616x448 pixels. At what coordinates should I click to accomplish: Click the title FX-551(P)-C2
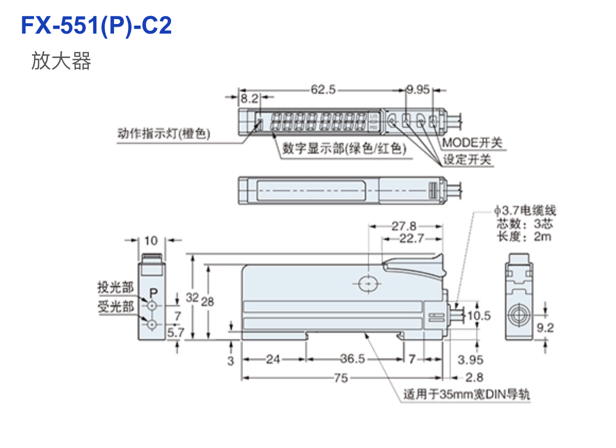[x=96, y=26]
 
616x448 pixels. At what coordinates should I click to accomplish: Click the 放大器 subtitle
[x=61, y=61]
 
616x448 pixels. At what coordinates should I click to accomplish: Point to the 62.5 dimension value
[x=323, y=90]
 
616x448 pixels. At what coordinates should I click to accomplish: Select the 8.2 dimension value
[x=249, y=99]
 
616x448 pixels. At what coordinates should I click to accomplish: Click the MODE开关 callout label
[x=472, y=143]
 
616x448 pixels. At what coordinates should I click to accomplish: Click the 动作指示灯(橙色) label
[x=164, y=133]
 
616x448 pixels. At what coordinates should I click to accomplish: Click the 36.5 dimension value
[x=352, y=359]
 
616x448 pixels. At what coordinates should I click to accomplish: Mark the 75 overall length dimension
[x=341, y=378]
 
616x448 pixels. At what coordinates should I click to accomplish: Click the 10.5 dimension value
[x=479, y=316]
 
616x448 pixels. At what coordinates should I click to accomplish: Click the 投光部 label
[x=116, y=287]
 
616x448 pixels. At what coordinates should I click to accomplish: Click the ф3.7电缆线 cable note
[x=524, y=211]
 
